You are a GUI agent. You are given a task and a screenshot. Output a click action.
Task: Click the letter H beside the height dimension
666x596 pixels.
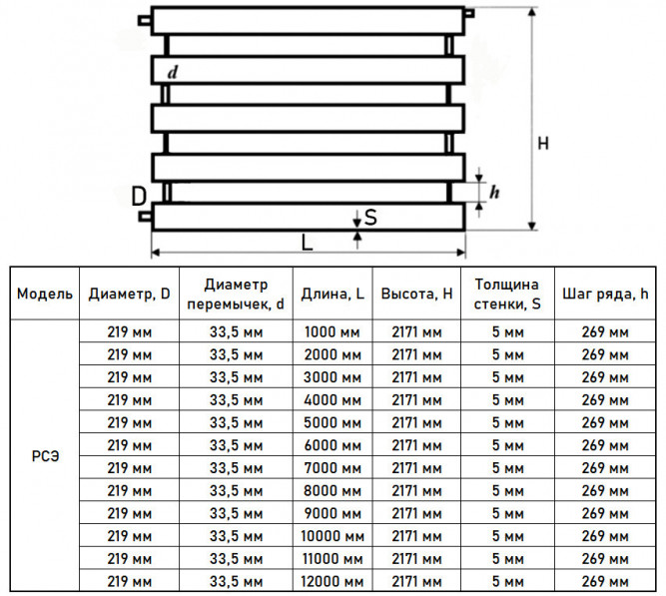pos(543,144)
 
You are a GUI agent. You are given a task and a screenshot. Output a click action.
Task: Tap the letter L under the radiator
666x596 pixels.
pos(307,243)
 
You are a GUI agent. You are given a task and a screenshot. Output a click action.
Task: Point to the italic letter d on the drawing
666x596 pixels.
pos(172,73)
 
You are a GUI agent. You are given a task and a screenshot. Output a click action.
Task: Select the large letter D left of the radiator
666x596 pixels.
pos(139,197)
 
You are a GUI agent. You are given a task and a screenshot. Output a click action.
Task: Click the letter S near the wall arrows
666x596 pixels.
pos(370,217)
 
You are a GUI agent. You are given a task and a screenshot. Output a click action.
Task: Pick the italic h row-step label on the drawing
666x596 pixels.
pos(494,192)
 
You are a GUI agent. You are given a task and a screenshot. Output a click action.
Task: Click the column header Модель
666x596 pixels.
pos(45,294)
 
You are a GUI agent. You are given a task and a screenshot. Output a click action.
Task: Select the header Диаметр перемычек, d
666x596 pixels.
pos(236,294)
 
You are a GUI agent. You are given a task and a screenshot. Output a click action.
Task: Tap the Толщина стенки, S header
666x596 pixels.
pos(507,294)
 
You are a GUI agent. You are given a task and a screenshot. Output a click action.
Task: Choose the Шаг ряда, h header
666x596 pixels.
pos(605,294)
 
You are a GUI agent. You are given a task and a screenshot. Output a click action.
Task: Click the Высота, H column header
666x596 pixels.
pos(416,294)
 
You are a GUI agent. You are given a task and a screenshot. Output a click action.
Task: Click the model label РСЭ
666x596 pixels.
pos(45,456)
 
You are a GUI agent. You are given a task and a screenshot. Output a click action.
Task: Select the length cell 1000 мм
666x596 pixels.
pos(333,331)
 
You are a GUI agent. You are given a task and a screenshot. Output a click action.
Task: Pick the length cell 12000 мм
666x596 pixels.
pos(333,581)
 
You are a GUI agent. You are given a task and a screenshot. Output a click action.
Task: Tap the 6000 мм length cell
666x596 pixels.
pos(333,445)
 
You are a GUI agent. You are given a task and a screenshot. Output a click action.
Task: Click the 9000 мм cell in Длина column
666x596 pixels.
pos(333,513)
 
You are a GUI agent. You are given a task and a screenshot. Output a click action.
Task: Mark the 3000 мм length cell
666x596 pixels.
pos(333,377)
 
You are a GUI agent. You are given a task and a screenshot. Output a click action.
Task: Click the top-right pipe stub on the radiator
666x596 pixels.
pos(469,13)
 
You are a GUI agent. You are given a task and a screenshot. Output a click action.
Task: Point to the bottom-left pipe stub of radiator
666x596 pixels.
pos(145,217)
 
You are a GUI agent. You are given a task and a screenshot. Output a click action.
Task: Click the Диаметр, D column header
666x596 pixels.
pos(129,294)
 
